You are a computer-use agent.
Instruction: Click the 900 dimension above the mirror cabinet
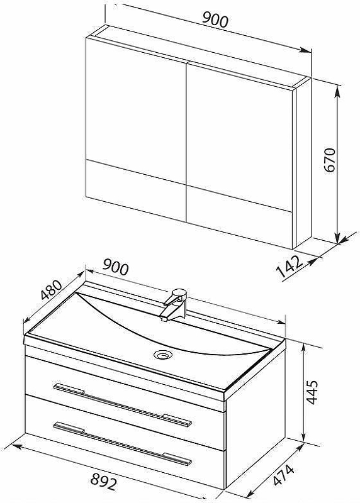(215, 20)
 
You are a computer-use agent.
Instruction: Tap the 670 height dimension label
(330, 160)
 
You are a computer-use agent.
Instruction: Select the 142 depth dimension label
(290, 266)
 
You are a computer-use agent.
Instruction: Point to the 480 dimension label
(52, 290)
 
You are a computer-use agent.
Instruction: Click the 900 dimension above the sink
(116, 267)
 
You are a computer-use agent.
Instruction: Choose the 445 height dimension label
(312, 392)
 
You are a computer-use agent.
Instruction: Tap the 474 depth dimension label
(284, 475)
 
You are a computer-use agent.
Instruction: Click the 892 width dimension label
(103, 482)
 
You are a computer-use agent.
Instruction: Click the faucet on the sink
(175, 304)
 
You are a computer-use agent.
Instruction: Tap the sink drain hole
(163, 355)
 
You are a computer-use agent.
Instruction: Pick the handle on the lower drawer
(122, 443)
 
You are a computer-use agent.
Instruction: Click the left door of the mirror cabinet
(137, 128)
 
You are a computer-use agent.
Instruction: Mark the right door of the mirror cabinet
(239, 155)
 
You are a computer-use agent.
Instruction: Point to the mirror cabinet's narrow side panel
(303, 163)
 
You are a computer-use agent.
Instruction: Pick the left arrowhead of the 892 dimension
(17, 446)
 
